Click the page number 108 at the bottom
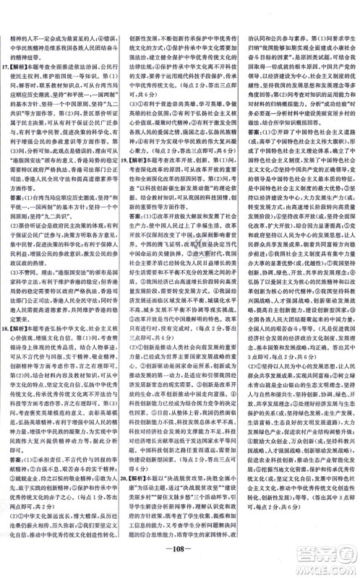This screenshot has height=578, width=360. (179, 558)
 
